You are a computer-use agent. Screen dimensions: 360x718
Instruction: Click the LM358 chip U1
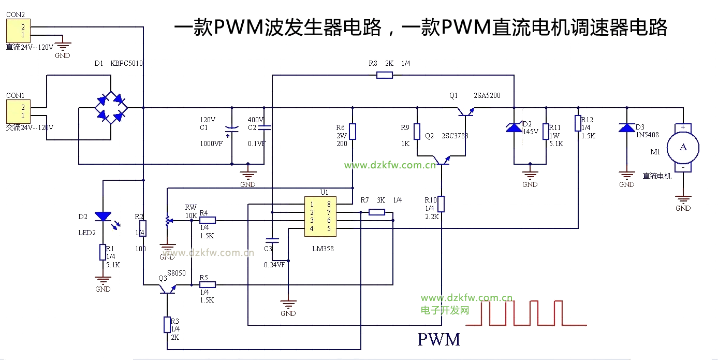pos(320,216)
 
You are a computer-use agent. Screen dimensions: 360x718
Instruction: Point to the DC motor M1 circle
pos(683,147)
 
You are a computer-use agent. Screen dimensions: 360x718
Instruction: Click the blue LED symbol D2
pos(104,216)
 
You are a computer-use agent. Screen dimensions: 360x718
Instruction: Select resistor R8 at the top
pos(384,75)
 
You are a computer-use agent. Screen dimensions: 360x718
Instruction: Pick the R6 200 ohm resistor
pos(353,132)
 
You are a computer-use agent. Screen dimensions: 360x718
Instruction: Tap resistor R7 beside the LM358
pos(377,212)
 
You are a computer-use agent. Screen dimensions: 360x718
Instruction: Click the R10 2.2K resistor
pos(442,204)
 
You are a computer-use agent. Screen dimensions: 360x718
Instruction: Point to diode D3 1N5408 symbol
pos(627,127)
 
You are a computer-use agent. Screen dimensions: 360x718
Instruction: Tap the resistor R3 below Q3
pos(167,325)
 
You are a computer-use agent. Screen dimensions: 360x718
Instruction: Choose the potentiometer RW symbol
pos(167,221)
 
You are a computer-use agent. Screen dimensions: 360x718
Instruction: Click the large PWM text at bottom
pos(438,340)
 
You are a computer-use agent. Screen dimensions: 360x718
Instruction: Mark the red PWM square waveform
pos(525,313)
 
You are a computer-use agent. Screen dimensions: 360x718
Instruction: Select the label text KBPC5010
pos(126,63)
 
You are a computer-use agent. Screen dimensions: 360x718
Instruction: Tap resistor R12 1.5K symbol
pos(578,123)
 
